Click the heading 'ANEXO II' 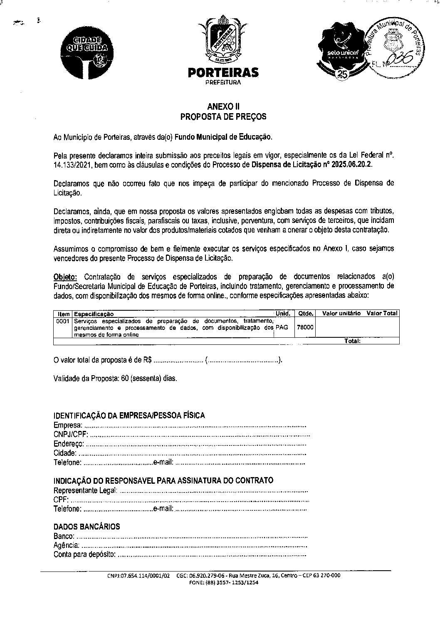(223, 107)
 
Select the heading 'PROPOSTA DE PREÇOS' (223, 117)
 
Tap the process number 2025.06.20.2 (352, 164)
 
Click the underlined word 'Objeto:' (65, 277)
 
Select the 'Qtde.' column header (305, 314)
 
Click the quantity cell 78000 (305, 327)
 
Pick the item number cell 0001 (63, 321)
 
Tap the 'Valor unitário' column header (341, 313)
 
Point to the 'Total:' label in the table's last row (352, 341)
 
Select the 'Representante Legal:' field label (86, 490)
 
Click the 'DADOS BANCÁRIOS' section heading (87, 527)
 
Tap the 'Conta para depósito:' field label (84, 554)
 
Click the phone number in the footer (223, 583)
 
